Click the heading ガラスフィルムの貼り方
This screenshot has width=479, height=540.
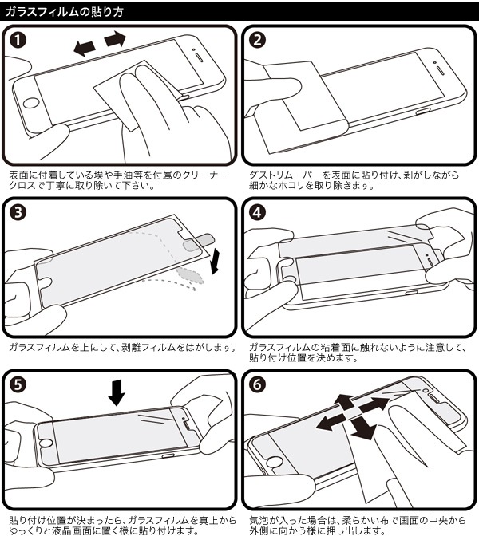pos(65,10)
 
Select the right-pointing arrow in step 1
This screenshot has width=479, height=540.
pos(116,39)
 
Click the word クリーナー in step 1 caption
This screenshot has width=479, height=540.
pos(206,175)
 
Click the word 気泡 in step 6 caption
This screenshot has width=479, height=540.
pos(258,518)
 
